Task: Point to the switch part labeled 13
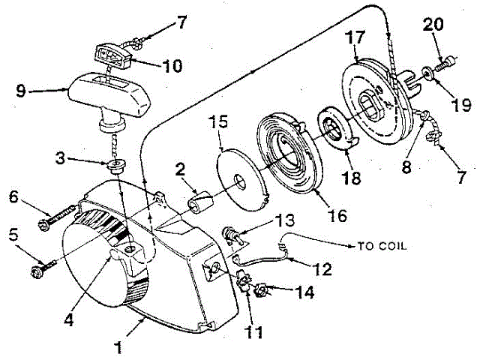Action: click(234, 238)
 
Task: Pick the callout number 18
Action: click(350, 179)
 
